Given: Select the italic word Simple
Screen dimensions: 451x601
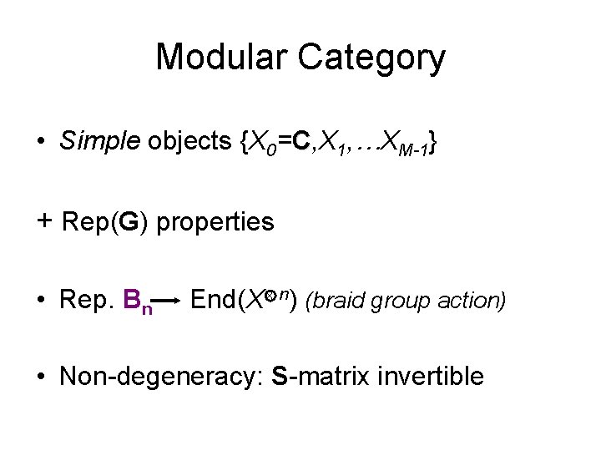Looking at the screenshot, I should coord(99,142).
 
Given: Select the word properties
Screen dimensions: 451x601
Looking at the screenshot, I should coord(215,222).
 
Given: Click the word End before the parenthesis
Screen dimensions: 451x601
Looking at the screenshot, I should coord(214,298).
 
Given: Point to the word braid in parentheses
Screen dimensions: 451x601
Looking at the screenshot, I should coord(339,300).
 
